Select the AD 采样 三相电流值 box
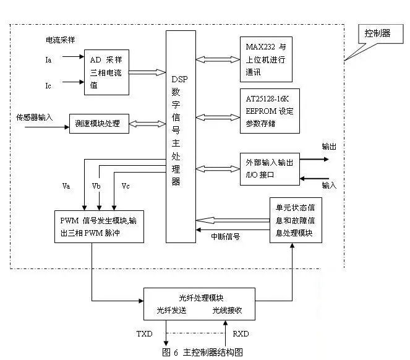106,73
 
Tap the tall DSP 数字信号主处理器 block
180,135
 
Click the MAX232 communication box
266,59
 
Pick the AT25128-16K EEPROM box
270,111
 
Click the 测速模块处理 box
99,124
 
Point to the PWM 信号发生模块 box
100,226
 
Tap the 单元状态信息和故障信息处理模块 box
295,220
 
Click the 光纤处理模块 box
199,303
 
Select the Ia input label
49,61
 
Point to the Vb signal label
96,186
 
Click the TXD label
144,334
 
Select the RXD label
241,334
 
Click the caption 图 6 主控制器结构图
202,352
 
